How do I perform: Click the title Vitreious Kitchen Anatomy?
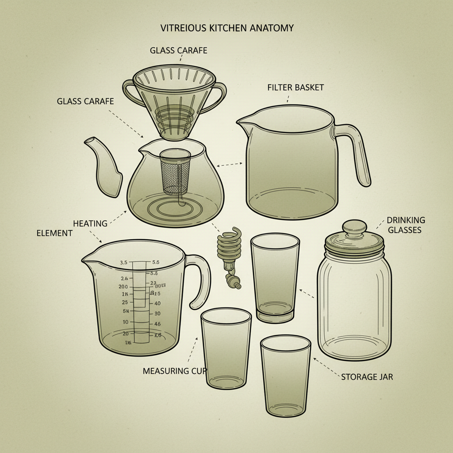point(226,28)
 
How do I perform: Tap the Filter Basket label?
point(296,87)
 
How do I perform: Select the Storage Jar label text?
point(367,377)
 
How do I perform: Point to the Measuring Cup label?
point(175,371)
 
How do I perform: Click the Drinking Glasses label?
point(405,225)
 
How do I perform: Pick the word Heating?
point(90,223)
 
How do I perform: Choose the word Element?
point(54,233)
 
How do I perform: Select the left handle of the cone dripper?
point(129,93)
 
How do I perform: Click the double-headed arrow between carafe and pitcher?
point(229,165)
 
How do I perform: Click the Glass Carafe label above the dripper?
point(178,50)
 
